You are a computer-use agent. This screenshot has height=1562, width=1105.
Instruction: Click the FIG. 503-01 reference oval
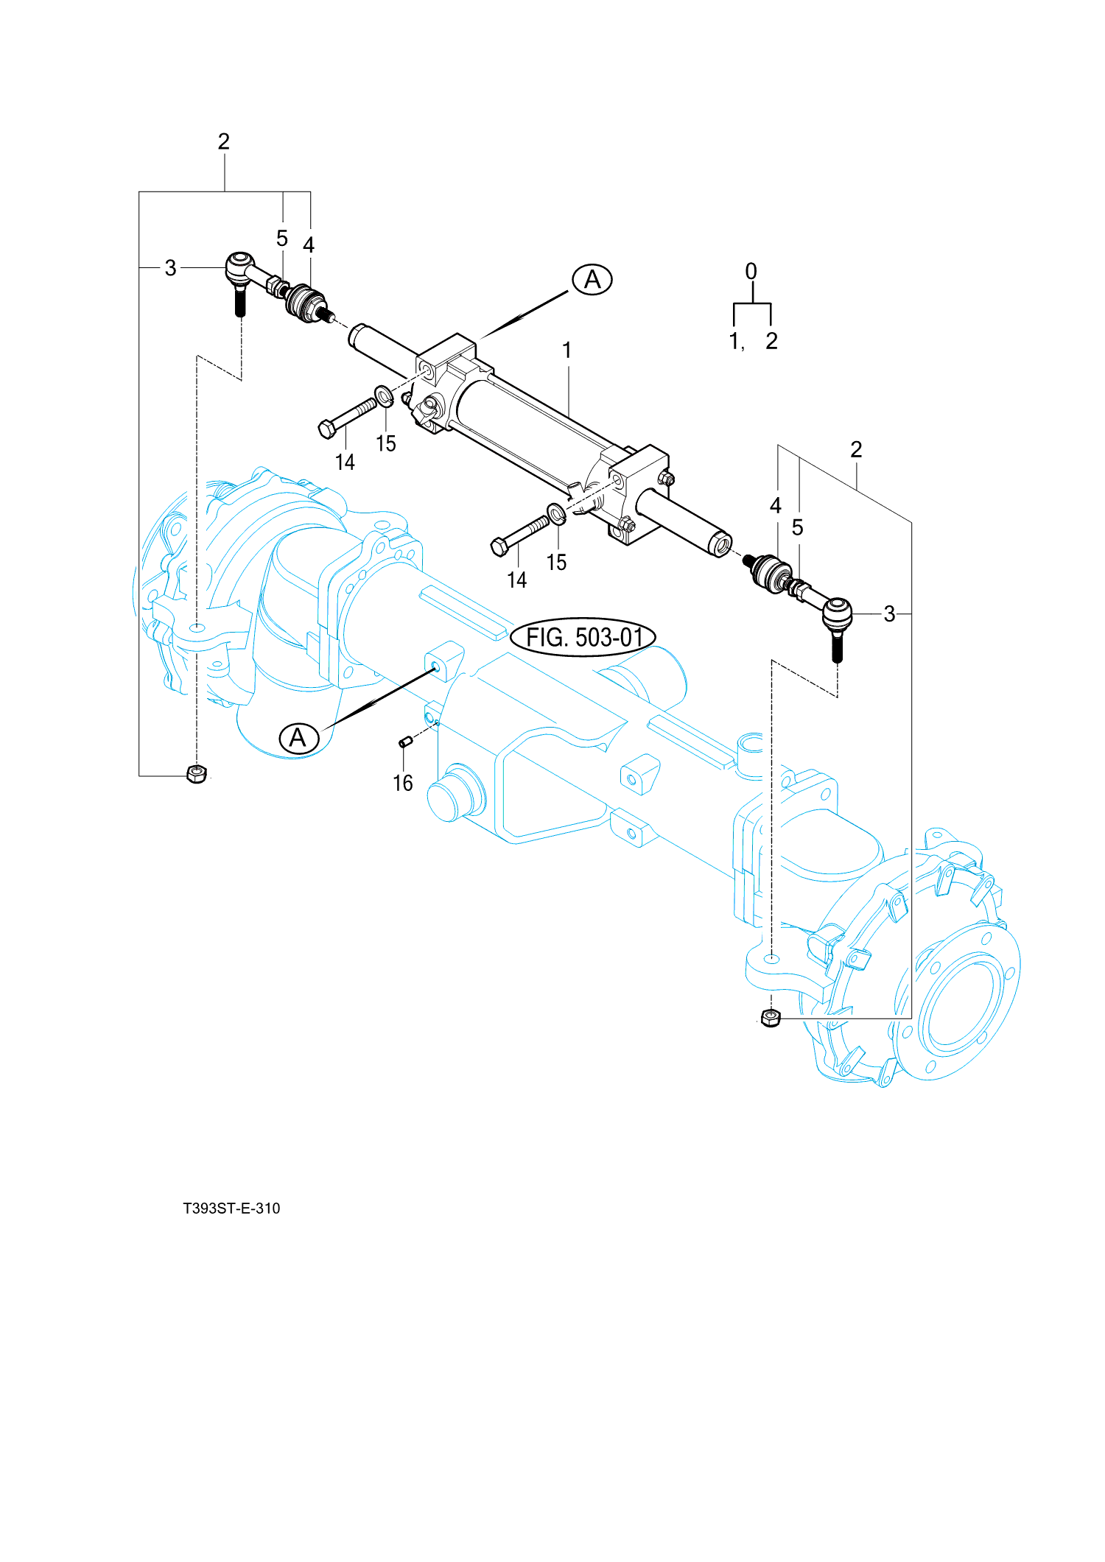[583, 637]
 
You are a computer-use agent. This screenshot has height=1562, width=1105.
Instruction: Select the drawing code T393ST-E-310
[231, 1209]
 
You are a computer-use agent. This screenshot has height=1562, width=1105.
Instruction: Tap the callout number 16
[403, 783]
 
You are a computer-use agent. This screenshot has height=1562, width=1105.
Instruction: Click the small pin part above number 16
[404, 742]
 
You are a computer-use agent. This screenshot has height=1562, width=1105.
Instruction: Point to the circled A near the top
[592, 280]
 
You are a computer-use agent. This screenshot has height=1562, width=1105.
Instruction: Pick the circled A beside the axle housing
[298, 738]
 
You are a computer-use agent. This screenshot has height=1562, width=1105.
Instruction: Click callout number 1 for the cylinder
[567, 351]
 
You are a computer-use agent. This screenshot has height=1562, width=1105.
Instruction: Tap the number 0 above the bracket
[751, 272]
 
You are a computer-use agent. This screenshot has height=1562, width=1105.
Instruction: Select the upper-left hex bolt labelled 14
[346, 418]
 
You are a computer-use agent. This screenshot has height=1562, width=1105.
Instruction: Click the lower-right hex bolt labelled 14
[519, 535]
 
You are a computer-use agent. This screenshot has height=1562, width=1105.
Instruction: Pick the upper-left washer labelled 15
[384, 396]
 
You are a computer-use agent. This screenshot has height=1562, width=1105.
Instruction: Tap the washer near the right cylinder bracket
[557, 513]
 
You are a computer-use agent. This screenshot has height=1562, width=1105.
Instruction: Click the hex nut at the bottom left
[197, 774]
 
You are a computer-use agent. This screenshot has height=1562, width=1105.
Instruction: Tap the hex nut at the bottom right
[771, 1019]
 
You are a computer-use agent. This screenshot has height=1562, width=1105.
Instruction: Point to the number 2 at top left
[224, 141]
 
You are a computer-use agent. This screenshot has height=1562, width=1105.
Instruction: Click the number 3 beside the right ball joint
[889, 613]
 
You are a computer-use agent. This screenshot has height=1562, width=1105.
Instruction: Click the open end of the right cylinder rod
[720, 545]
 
